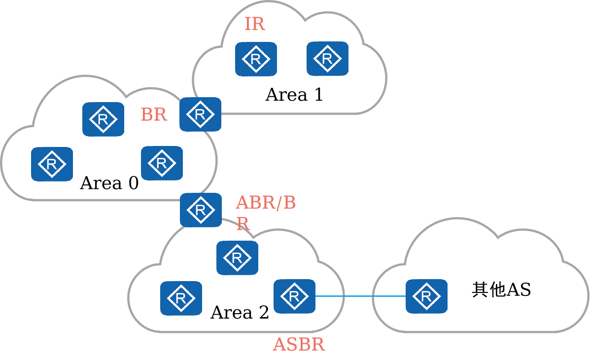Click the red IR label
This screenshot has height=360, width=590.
[254, 24]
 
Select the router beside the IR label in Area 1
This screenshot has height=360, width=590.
[256, 59]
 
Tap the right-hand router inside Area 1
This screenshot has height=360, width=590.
[327, 59]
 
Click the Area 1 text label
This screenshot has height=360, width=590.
[294, 95]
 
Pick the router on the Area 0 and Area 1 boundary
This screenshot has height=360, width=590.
[200, 114]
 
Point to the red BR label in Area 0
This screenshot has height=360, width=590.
[154, 115]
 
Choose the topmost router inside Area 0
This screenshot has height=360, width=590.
[103, 119]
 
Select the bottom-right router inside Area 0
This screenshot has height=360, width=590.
[162, 163]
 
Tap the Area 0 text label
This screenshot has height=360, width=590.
[109, 183]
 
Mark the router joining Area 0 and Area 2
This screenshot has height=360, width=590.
[201, 210]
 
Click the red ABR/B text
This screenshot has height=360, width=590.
[266, 203]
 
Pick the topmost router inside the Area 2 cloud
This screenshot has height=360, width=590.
[237, 257]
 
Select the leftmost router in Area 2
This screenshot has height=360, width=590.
[181, 298]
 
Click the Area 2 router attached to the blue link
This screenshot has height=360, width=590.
[294, 296]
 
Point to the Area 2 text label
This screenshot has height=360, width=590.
[240, 313]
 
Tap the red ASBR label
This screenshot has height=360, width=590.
[299, 344]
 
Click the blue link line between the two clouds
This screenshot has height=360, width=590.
[360, 296]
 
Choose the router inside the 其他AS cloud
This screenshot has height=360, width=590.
[426, 296]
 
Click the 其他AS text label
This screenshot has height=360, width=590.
[501, 290]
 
